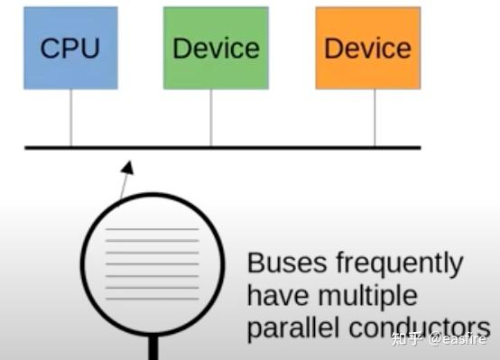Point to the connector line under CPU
click(70, 117)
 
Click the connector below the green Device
click(211, 117)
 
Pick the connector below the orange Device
click(375, 117)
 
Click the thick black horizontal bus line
click(271, 147)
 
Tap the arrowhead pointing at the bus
click(128, 167)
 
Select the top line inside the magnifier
click(152, 229)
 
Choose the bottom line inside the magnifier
click(152, 299)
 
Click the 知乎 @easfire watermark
click(439, 338)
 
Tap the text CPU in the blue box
click(70, 49)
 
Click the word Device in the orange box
click(367, 49)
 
